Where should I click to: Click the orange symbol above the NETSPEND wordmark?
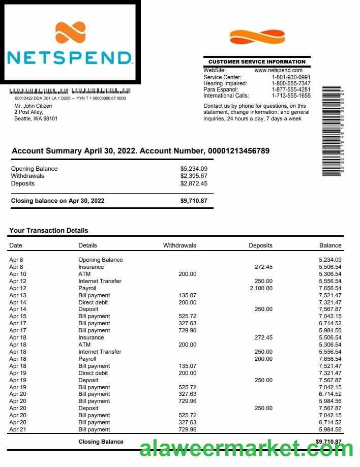tap(70, 32)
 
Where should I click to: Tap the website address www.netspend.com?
tap(278, 70)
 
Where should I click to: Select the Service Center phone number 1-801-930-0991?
tap(291, 77)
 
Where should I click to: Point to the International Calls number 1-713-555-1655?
tap(291, 96)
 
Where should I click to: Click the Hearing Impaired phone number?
tap(291, 83)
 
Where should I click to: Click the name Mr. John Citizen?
tap(33, 106)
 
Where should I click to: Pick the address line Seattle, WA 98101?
tap(36, 119)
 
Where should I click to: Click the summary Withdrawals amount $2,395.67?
tap(194, 176)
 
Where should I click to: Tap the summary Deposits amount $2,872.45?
tap(194, 183)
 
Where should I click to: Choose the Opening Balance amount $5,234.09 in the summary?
tap(194, 169)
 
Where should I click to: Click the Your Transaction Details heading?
tap(49, 230)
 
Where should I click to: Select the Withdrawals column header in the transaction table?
tap(179, 245)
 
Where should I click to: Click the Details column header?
tap(87, 245)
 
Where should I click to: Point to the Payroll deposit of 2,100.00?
tap(261, 288)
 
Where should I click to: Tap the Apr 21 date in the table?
tap(17, 429)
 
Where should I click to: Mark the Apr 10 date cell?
tap(17, 274)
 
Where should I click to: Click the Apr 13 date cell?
tap(17, 295)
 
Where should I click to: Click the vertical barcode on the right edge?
tap(333, 132)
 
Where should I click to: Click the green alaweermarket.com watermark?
tap(246, 449)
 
